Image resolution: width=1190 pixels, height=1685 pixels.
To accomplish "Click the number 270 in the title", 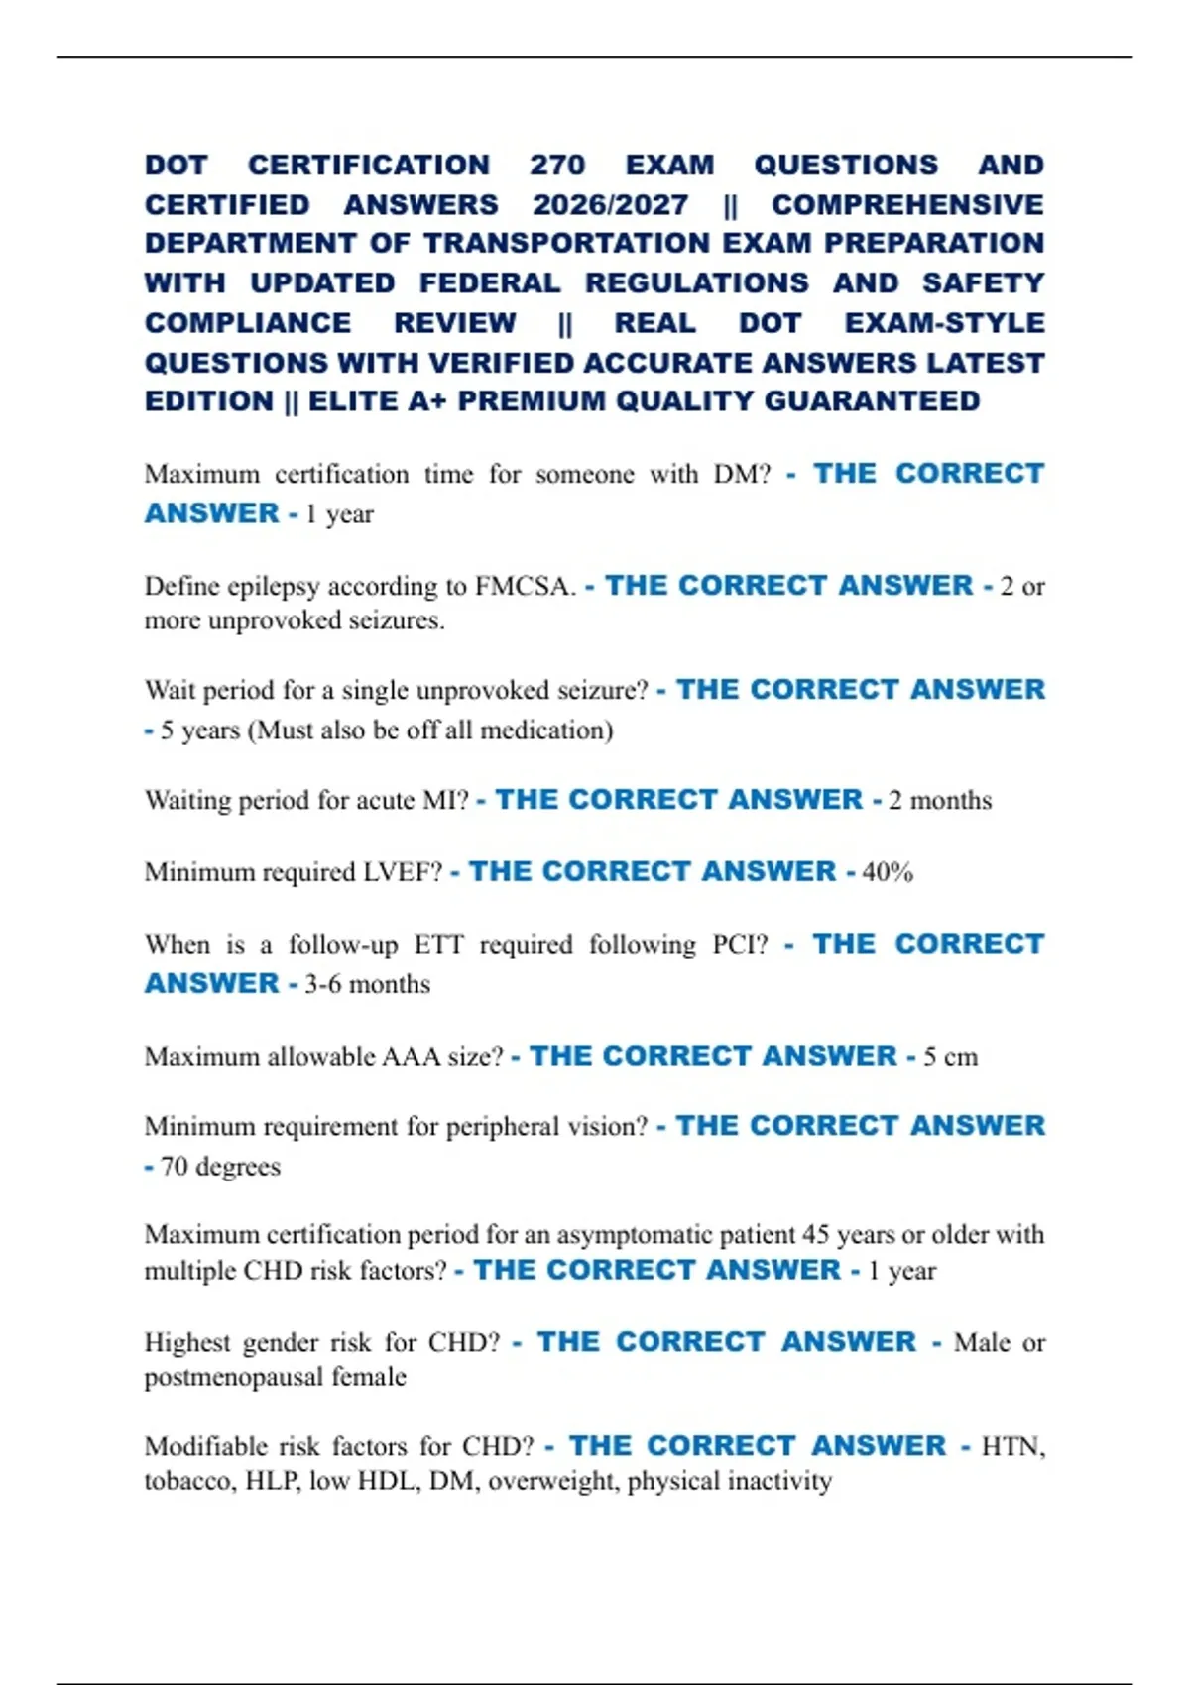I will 557,165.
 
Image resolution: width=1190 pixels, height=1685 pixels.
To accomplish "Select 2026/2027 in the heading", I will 610,204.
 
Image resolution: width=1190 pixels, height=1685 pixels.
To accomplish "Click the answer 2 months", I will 940,800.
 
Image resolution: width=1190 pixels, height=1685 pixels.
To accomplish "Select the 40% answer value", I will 888,872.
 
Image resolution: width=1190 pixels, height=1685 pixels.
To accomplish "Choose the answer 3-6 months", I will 367,984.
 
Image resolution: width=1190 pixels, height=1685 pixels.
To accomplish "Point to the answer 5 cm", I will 950,1056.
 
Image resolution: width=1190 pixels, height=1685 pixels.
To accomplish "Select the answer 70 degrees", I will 220,1167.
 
